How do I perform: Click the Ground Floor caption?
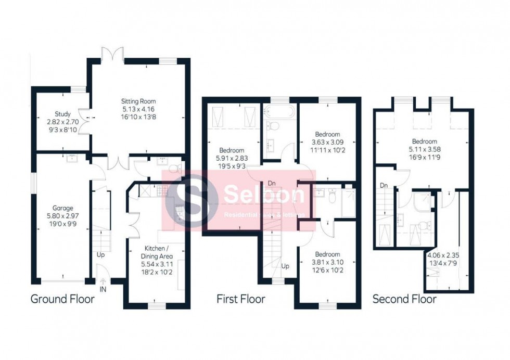click(62, 299)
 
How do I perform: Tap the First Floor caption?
click(240, 299)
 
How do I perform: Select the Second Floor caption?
click(404, 299)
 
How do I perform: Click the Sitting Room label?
click(138, 101)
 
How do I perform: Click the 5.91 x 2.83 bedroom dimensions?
click(231, 159)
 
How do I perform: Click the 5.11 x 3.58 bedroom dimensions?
click(425, 149)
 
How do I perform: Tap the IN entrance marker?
click(103, 288)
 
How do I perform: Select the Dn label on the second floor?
click(384, 185)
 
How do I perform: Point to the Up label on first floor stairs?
click(286, 266)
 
